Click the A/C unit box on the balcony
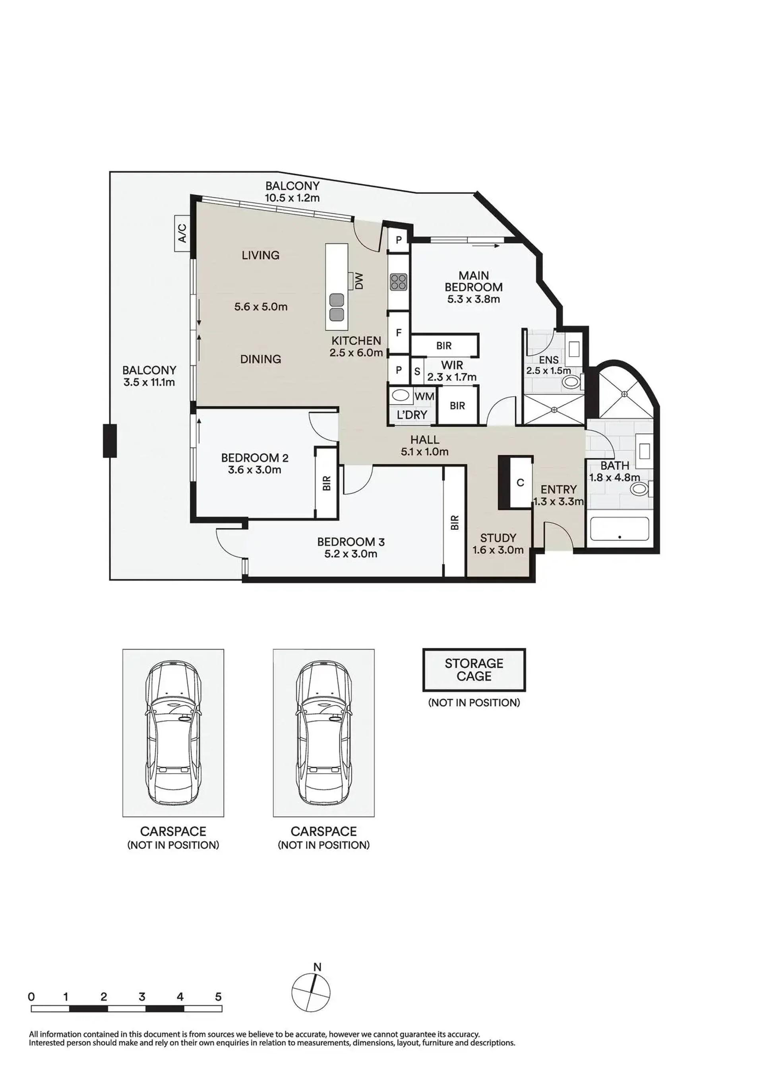pos(182,233)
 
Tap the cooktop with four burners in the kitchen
pos(399,282)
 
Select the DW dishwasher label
pos(359,282)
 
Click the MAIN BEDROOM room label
pos(473,281)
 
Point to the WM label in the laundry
pos(424,397)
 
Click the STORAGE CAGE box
pos(474,670)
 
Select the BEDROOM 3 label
pos(351,542)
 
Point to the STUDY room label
pos(498,538)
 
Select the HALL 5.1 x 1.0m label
pos(424,446)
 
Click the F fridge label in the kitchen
pos(399,333)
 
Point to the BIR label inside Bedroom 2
pos(327,483)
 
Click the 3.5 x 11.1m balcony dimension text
pos(149,382)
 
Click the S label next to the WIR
pos(417,372)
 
